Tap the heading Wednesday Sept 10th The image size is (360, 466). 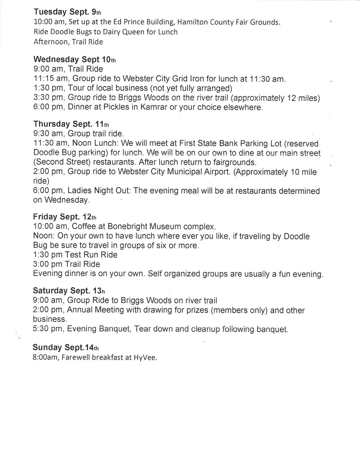(x=75, y=59)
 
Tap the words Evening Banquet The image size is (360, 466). (x=99, y=329)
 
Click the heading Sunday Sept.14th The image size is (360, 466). (x=66, y=347)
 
